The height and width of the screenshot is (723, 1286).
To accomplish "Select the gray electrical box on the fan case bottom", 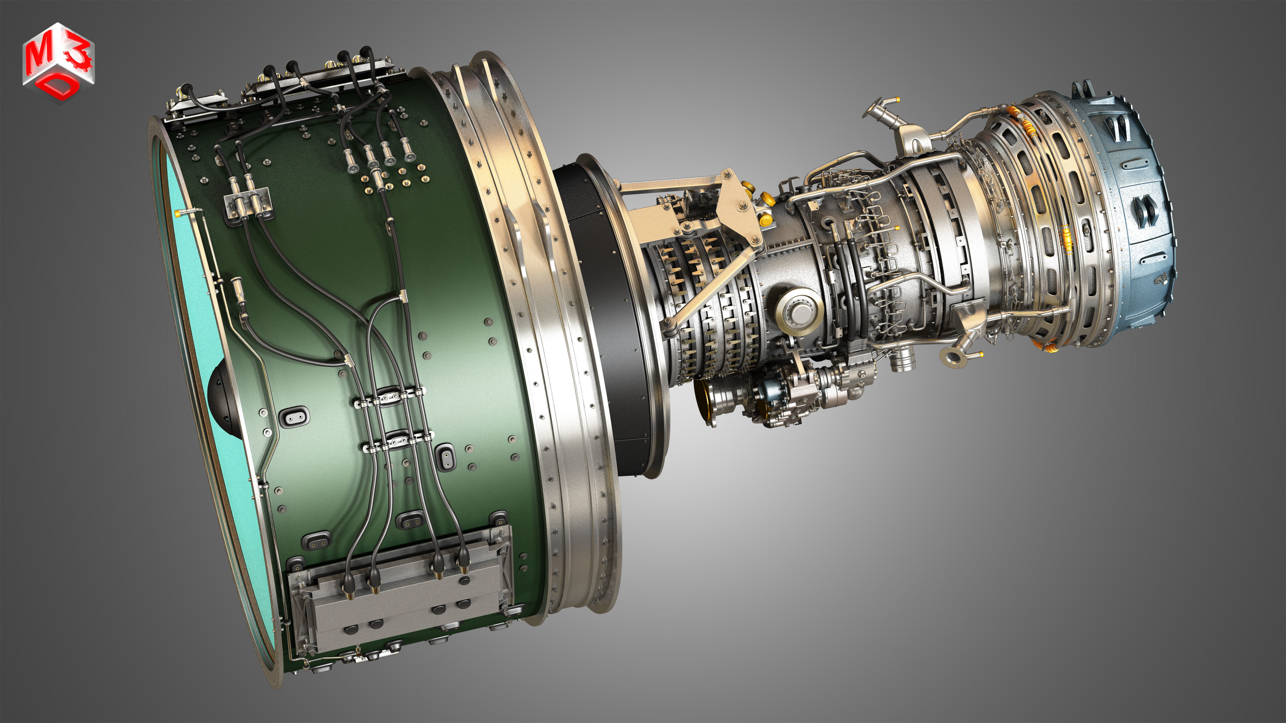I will (399, 594).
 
